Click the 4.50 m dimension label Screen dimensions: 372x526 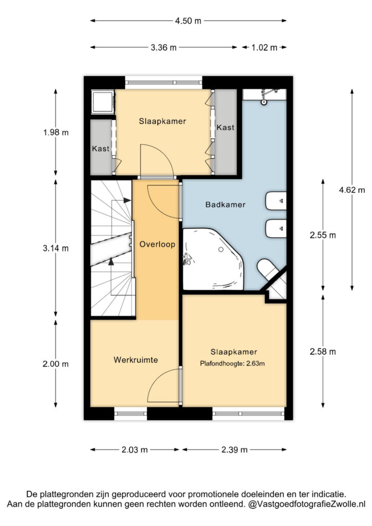point(188,21)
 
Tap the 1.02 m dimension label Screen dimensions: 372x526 point(264,48)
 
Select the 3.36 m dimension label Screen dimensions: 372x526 point(163,48)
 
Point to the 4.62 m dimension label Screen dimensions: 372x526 point(352,190)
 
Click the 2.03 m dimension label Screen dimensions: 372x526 point(135,450)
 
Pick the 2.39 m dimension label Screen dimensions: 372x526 point(234,450)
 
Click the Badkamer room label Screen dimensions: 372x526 point(226,204)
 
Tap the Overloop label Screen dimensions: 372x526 point(157,244)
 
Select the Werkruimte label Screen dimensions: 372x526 point(136,360)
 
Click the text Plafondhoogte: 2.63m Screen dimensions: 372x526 point(232,363)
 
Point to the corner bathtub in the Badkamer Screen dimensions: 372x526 point(213,259)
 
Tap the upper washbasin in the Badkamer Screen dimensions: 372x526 point(276,201)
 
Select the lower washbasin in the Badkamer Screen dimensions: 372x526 point(276,229)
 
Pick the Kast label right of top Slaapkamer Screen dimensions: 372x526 point(226,127)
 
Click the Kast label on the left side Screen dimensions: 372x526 point(101,148)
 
